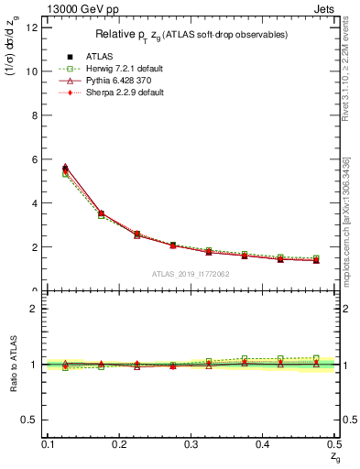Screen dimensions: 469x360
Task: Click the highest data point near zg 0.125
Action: tap(65, 168)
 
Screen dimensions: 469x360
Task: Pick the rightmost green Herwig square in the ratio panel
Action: tap(316, 358)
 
